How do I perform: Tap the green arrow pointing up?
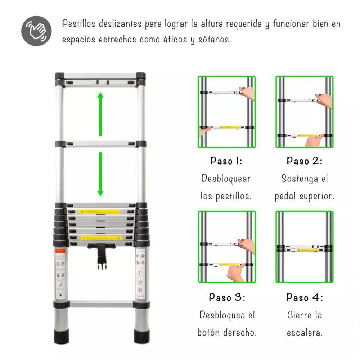tap(100, 113)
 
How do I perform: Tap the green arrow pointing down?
tap(100, 174)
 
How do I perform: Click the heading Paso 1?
tap(226, 161)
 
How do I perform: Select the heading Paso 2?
tap(305, 161)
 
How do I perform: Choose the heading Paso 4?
tap(305, 297)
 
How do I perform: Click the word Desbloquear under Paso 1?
tap(226, 178)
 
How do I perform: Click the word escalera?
tap(305, 333)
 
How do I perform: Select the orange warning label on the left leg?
tap(61, 251)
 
